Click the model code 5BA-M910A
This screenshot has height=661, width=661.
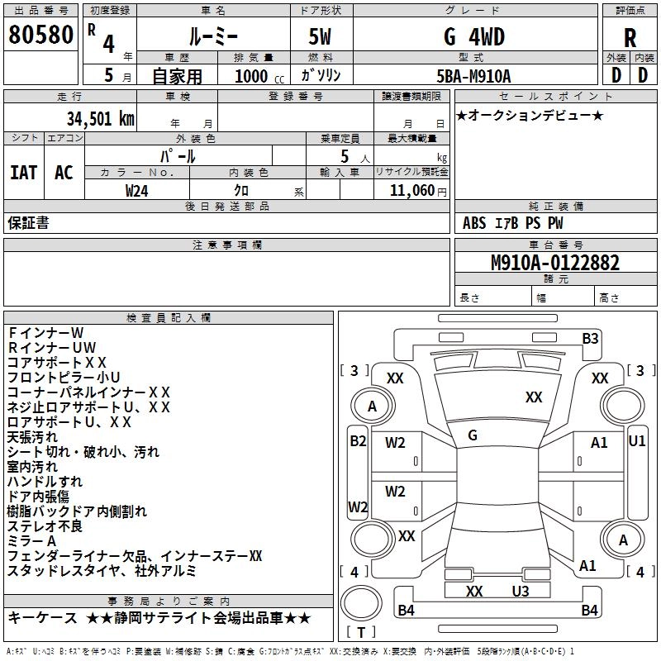(473, 75)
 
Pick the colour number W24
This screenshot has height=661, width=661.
(137, 190)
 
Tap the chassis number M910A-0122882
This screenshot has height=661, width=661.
(554, 263)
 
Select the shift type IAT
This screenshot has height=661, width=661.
(23, 172)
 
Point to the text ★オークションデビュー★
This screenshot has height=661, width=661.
(529, 115)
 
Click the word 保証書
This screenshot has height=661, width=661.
(28, 222)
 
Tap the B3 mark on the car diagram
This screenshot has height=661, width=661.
(589, 338)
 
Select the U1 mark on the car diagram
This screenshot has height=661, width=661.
(637, 441)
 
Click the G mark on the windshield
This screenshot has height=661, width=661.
(472, 435)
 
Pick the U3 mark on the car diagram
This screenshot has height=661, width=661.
(520, 591)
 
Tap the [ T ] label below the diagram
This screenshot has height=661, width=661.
(360, 632)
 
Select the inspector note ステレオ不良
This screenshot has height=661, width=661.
(45, 526)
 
